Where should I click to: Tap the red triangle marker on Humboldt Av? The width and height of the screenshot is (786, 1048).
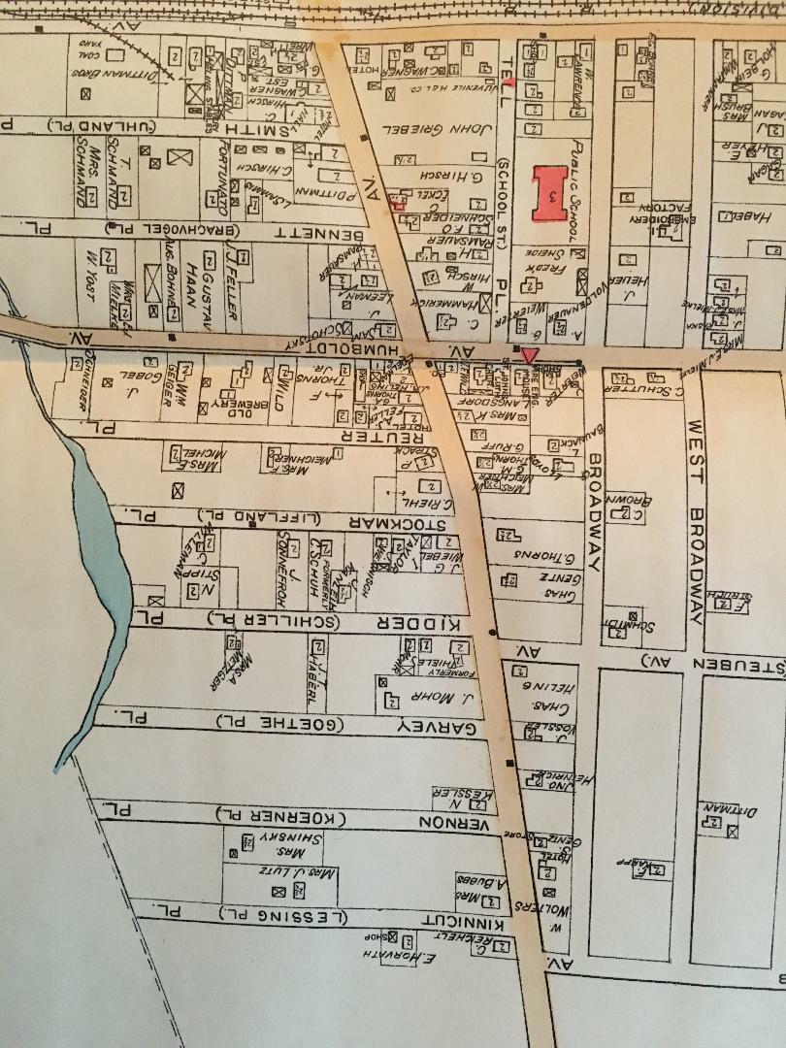[528, 354]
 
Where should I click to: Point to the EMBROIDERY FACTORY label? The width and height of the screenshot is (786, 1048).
[641, 223]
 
